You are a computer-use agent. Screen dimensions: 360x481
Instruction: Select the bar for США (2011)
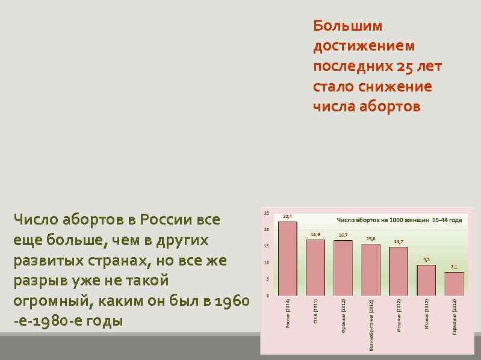(x=315, y=267)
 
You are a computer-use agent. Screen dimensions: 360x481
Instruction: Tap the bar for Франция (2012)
(x=343, y=267)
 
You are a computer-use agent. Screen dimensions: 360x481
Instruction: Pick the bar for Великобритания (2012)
(x=370, y=269)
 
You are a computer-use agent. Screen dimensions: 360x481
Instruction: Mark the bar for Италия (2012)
(x=426, y=279)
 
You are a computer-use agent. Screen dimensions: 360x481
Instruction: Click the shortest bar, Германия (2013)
(x=454, y=283)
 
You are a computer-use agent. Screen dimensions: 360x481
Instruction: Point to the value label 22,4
(x=288, y=216)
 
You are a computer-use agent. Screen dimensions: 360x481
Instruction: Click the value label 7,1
(x=454, y=266)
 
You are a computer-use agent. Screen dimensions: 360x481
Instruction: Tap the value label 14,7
(x=398, y=241)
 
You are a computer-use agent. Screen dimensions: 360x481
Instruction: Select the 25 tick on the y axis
(x=266, y=214)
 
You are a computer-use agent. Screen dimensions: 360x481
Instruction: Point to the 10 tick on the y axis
(x=266, y=262)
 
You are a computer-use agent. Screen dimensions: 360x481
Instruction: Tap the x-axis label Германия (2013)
(x=455, y=317)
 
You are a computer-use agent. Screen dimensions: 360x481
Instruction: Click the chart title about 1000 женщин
(x=399, y=220)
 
